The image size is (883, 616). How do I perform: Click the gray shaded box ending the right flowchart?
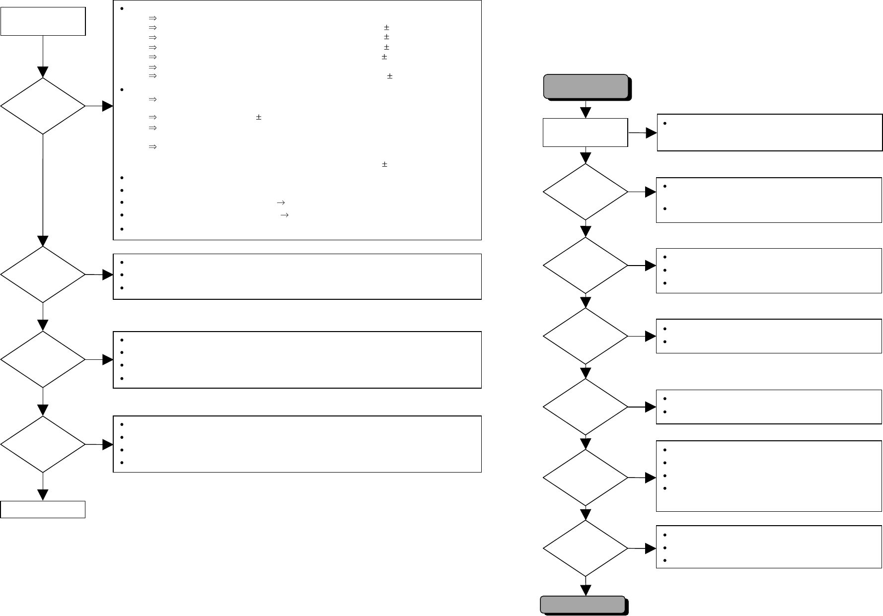tap(583, 604)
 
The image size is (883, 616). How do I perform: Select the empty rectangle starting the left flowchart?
tap(43, 21)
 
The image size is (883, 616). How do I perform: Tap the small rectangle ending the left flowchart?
tap(43, 509)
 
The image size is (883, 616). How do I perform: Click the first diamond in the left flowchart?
tap(43, 106)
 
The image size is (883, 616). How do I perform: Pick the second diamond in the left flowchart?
tap(43, 274)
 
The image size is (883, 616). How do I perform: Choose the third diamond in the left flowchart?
tap(43, 359)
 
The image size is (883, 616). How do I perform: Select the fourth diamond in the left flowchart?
tap(43, 444)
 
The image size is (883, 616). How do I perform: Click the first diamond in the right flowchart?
tap(586, 192)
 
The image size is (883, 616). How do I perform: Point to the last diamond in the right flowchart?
tap(586, 548)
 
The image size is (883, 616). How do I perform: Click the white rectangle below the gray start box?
tap(586, 133)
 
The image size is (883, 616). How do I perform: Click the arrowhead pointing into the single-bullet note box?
tap(651, 133)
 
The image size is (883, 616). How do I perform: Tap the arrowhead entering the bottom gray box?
tap(586, 590)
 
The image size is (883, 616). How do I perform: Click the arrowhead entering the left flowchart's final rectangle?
tap(43, 495)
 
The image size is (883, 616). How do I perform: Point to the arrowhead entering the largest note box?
tap(108, 106)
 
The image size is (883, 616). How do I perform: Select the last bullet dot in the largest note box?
tap(122, 229)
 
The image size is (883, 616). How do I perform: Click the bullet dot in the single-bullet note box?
tap(664, 124)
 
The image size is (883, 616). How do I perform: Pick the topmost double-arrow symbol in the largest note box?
tap(152, 18)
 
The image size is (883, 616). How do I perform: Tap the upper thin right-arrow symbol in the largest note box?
tap(279, 203)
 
